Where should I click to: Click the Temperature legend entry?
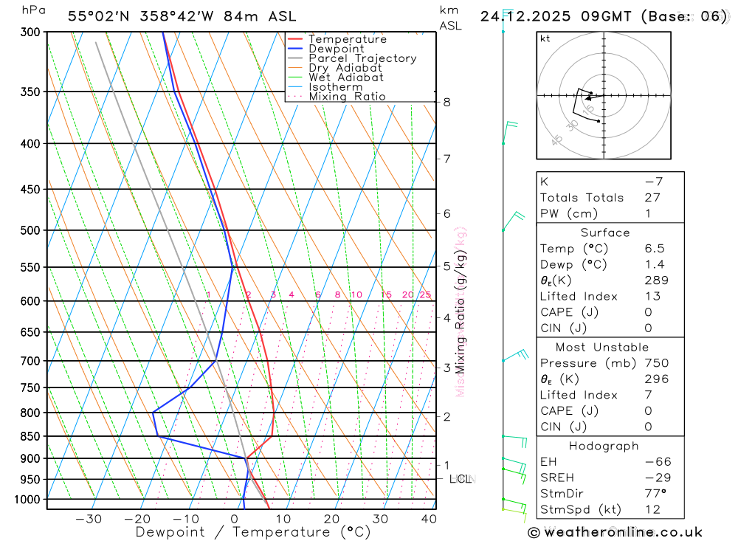[x=347, y=39]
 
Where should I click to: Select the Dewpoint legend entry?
[x=336, y=49]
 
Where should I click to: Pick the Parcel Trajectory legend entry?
[x=362, y=58]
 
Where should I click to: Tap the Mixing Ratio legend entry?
[x=347, y=96]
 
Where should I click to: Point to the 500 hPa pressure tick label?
[x=32, y=230]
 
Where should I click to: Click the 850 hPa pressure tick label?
[x=32, y=436]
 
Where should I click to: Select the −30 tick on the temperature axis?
[x=89, y=519]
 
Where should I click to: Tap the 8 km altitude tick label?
[x=446, y=102]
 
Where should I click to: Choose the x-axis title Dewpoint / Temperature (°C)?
[x=252, y=531]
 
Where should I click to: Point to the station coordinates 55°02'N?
[x=100, y=16]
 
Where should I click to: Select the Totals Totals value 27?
[x=653, y=198]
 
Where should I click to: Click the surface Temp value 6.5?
[x=654, y=249]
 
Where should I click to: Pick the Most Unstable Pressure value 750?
[x=656, y=363]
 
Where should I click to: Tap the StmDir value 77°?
[x=654, y=494]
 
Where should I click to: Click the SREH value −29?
[x=655, y=478]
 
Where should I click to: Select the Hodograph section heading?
[x=604, y=446]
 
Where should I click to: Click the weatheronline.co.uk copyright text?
[x=615, y=532]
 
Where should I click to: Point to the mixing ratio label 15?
[x=386, y=294]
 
